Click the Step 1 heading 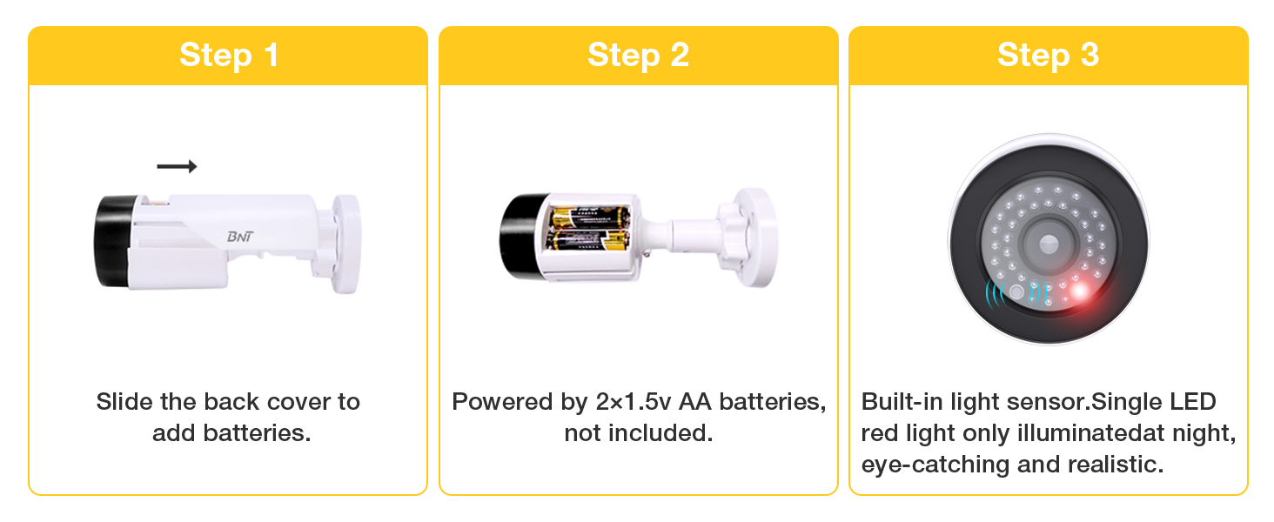229,55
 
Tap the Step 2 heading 638,55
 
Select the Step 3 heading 1049,55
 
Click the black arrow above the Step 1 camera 177,166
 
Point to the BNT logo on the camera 240,237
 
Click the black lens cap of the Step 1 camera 116,241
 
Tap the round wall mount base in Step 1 346,244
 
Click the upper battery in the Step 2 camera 590,217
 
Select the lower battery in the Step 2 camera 588,240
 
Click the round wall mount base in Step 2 756,238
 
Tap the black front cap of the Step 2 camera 522,236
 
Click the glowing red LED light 1079,292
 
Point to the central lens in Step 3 1049,244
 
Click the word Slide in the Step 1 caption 124,401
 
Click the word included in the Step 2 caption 660,432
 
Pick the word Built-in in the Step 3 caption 902,401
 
